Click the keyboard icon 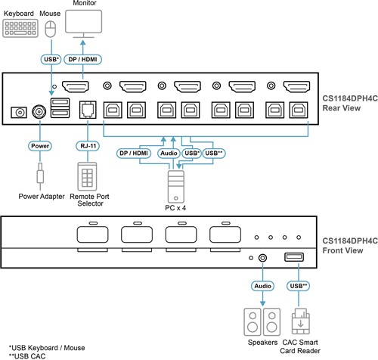tap(20, 29)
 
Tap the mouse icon tap(51, 29)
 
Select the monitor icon tap(84, 24)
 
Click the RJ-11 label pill tap(88, 146)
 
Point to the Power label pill tap(40, 146)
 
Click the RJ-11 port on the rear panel tap(88, 110)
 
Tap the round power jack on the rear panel tap(39, 111)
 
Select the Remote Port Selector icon tap(87, 176)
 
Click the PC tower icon tap(176, 187)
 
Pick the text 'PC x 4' tap(175, 208)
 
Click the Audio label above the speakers tap(262, 286)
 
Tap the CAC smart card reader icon tap(300, 321)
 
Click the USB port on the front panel tap(294, 257)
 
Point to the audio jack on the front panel tap(262, 258)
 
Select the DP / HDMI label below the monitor tap(82, 60)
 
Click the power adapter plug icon tap(40, 176)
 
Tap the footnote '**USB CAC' tap(27, 356)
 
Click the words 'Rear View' tap(342, 108)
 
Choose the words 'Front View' tap(342, 250)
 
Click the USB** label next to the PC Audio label tap(214, 153)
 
